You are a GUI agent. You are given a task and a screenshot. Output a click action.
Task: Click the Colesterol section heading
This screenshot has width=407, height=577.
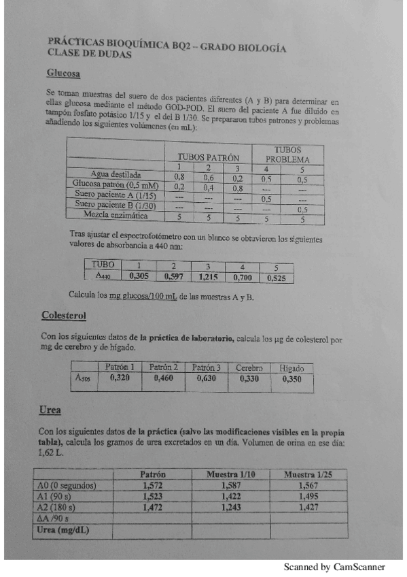63,316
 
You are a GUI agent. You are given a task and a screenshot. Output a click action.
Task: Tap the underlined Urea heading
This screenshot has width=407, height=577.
50,410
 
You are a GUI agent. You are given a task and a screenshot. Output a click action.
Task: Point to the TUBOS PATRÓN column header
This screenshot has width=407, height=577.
208,156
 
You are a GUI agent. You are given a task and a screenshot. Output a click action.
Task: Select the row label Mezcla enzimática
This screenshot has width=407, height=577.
115,214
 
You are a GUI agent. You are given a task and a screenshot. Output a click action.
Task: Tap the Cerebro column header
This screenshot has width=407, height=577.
249,367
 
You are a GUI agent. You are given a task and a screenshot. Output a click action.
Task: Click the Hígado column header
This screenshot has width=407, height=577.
291,368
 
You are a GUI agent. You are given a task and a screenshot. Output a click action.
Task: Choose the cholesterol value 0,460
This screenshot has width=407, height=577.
163,378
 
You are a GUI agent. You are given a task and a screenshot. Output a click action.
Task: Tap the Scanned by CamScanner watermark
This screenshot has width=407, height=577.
334,567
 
